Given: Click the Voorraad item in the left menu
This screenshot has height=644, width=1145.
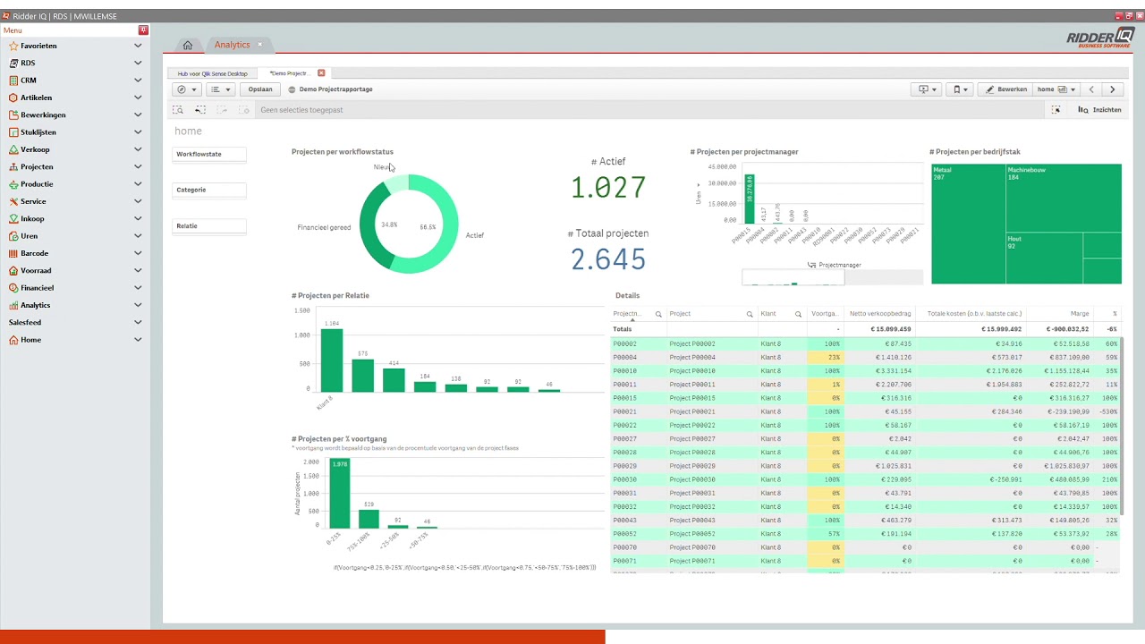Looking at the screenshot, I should (36, 270).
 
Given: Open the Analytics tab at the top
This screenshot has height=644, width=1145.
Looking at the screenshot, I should (232, 45).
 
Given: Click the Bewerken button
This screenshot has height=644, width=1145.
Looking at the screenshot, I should (1006, 89).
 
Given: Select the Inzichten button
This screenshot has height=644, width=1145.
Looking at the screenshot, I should (1100, 110).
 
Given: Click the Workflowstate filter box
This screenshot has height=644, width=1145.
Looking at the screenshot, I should (208, 155).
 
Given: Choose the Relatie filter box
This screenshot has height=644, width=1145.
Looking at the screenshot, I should (208, 226).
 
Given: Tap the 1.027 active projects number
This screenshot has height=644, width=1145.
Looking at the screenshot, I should (608, 188).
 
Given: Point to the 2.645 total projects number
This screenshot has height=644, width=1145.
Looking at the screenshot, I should (608, 259).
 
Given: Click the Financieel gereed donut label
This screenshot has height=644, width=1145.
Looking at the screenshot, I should (324, 227).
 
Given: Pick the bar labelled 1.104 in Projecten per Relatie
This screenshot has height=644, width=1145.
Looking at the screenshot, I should (332, 360).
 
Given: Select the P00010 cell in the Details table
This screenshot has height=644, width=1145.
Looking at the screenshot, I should (624, 370).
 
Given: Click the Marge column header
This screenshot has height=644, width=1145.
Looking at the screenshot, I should (1079, 314).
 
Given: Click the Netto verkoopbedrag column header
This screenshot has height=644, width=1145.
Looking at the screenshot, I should (880, 314).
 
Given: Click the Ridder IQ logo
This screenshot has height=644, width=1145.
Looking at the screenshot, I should (1099, 38).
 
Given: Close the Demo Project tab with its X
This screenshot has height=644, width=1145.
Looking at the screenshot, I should (321, 73).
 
